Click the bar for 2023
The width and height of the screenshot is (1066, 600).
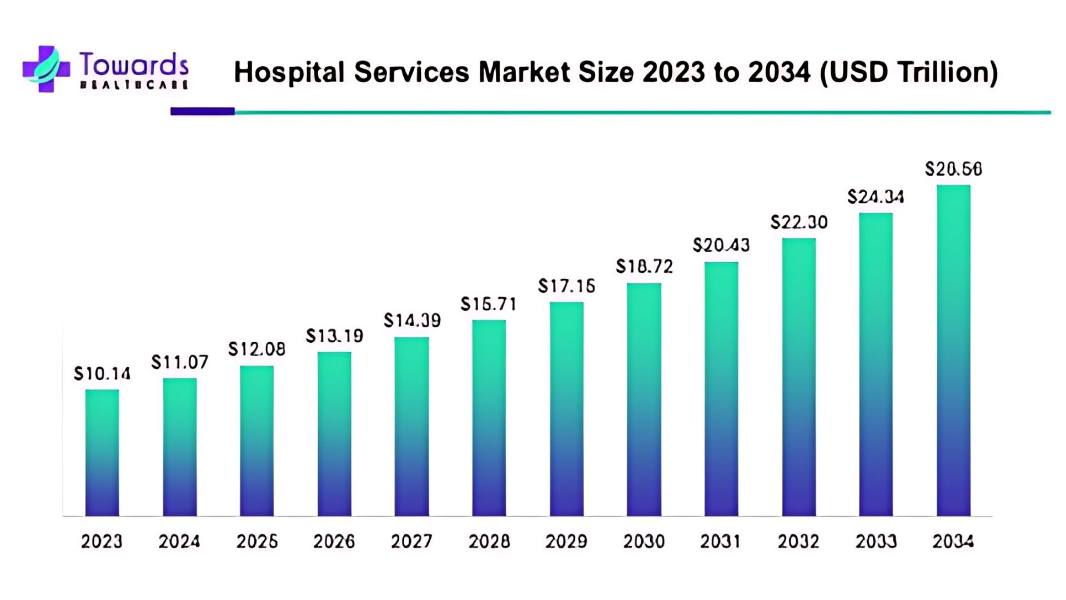(x=102, y=453)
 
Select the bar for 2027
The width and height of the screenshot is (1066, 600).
(x=411, y=427)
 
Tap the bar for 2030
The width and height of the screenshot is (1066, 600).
(x=644, y=399)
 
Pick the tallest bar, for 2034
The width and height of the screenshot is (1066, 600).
(x=953, y=351)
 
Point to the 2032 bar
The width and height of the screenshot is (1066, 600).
(x=799, y=377)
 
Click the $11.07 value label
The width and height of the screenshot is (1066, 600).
(x=180, y=363)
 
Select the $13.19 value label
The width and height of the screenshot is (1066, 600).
(x=334, y=336)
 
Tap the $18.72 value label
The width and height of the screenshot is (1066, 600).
(x=644, y=267)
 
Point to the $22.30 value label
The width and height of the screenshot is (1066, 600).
(x=799, y=222)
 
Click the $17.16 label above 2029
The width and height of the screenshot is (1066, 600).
(x=566, y=286)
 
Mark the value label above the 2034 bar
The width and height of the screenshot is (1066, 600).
(x=953, y=169)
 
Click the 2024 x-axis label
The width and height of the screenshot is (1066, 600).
(x=179, y=541)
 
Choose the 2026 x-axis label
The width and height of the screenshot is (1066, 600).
(x=334, y=541)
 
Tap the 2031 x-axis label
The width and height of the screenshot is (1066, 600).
(x=720, y=541)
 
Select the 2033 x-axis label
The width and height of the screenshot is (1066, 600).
(x=876, y=541)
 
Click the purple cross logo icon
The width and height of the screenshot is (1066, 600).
(x=46, y=69)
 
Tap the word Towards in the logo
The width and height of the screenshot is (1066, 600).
(x=134, y=65)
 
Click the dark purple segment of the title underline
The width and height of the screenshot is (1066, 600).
(x=203, y=111)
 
